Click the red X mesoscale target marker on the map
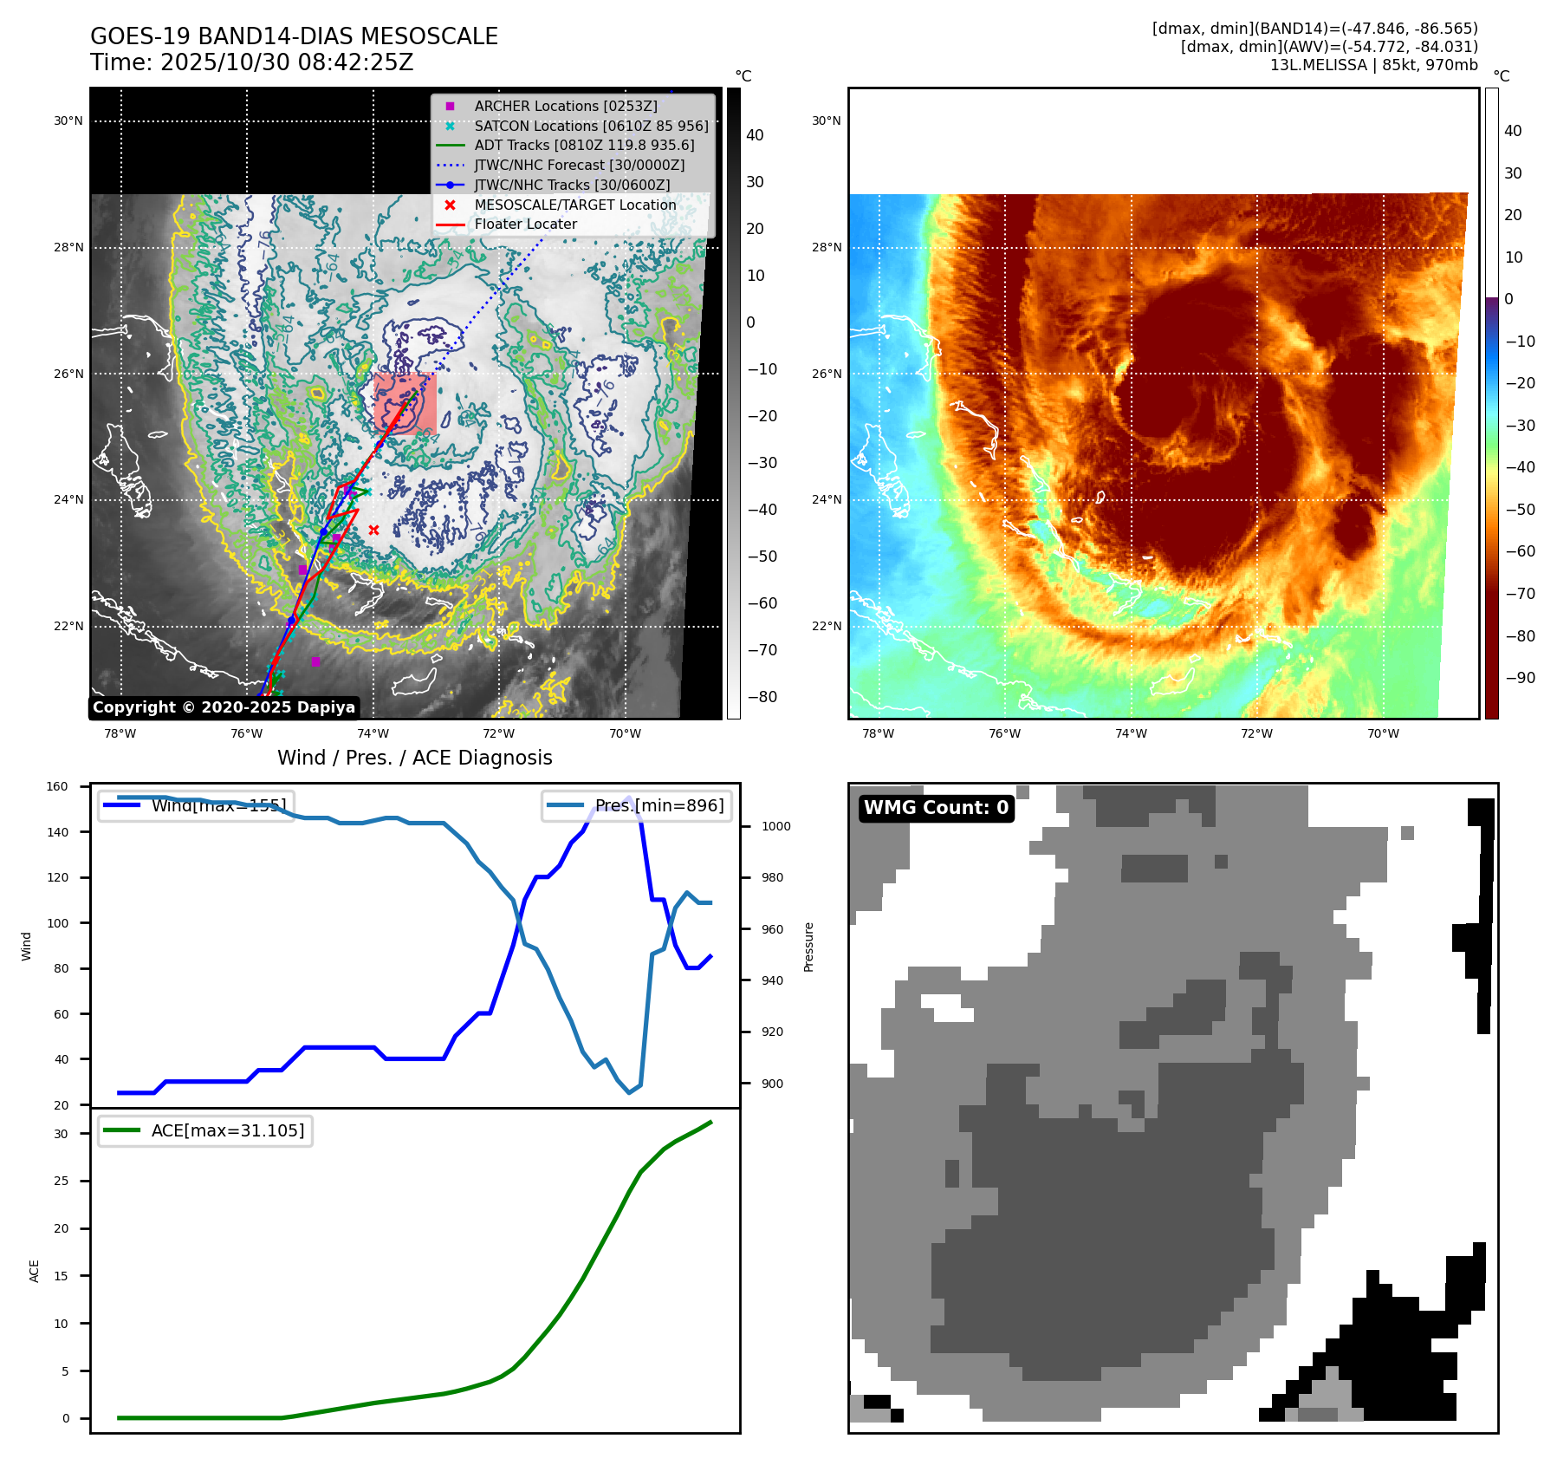click(x=373, y=530)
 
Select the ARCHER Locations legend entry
click(x=565, y=106)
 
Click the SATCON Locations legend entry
click(x=590, y=126)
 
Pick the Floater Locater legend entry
click(x=525, y=224)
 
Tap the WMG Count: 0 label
click(x=936, y=808)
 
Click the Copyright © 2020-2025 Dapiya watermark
click(x=224, y=707)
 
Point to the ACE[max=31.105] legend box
click(x=205, y=1130)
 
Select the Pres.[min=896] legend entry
click(x=637, y=805)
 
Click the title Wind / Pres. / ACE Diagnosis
click(x=414, y=758)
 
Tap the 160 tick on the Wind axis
click(x=57, y=787)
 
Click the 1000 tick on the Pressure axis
click(x=775, y=826)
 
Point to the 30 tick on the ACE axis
click(x=61, y=1134)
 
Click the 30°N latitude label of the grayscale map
click(x=68, y=121)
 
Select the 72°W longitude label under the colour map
click(x=1256, y=733)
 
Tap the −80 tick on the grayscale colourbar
click(x=762, y=697)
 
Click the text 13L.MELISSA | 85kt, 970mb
click(x=1373, y=65)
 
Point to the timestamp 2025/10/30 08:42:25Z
click(x=287, y=63)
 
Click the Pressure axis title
click(x=808, y=947)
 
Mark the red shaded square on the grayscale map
click(x=405, y=403)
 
